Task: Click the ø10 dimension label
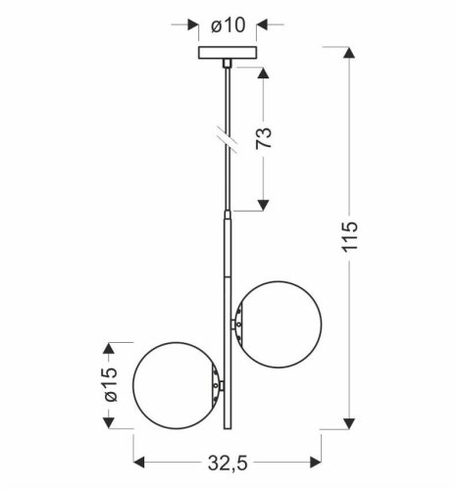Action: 227,24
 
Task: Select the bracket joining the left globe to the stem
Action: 217,386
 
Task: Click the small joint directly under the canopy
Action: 229,65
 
